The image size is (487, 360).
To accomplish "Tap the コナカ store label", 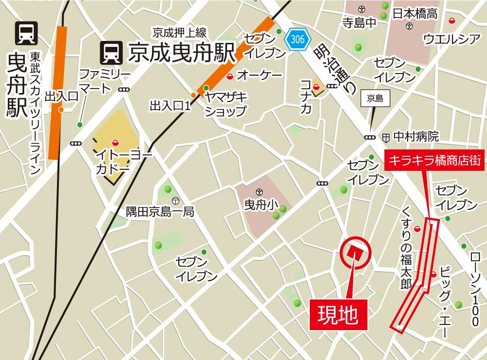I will [x=306, y=96].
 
